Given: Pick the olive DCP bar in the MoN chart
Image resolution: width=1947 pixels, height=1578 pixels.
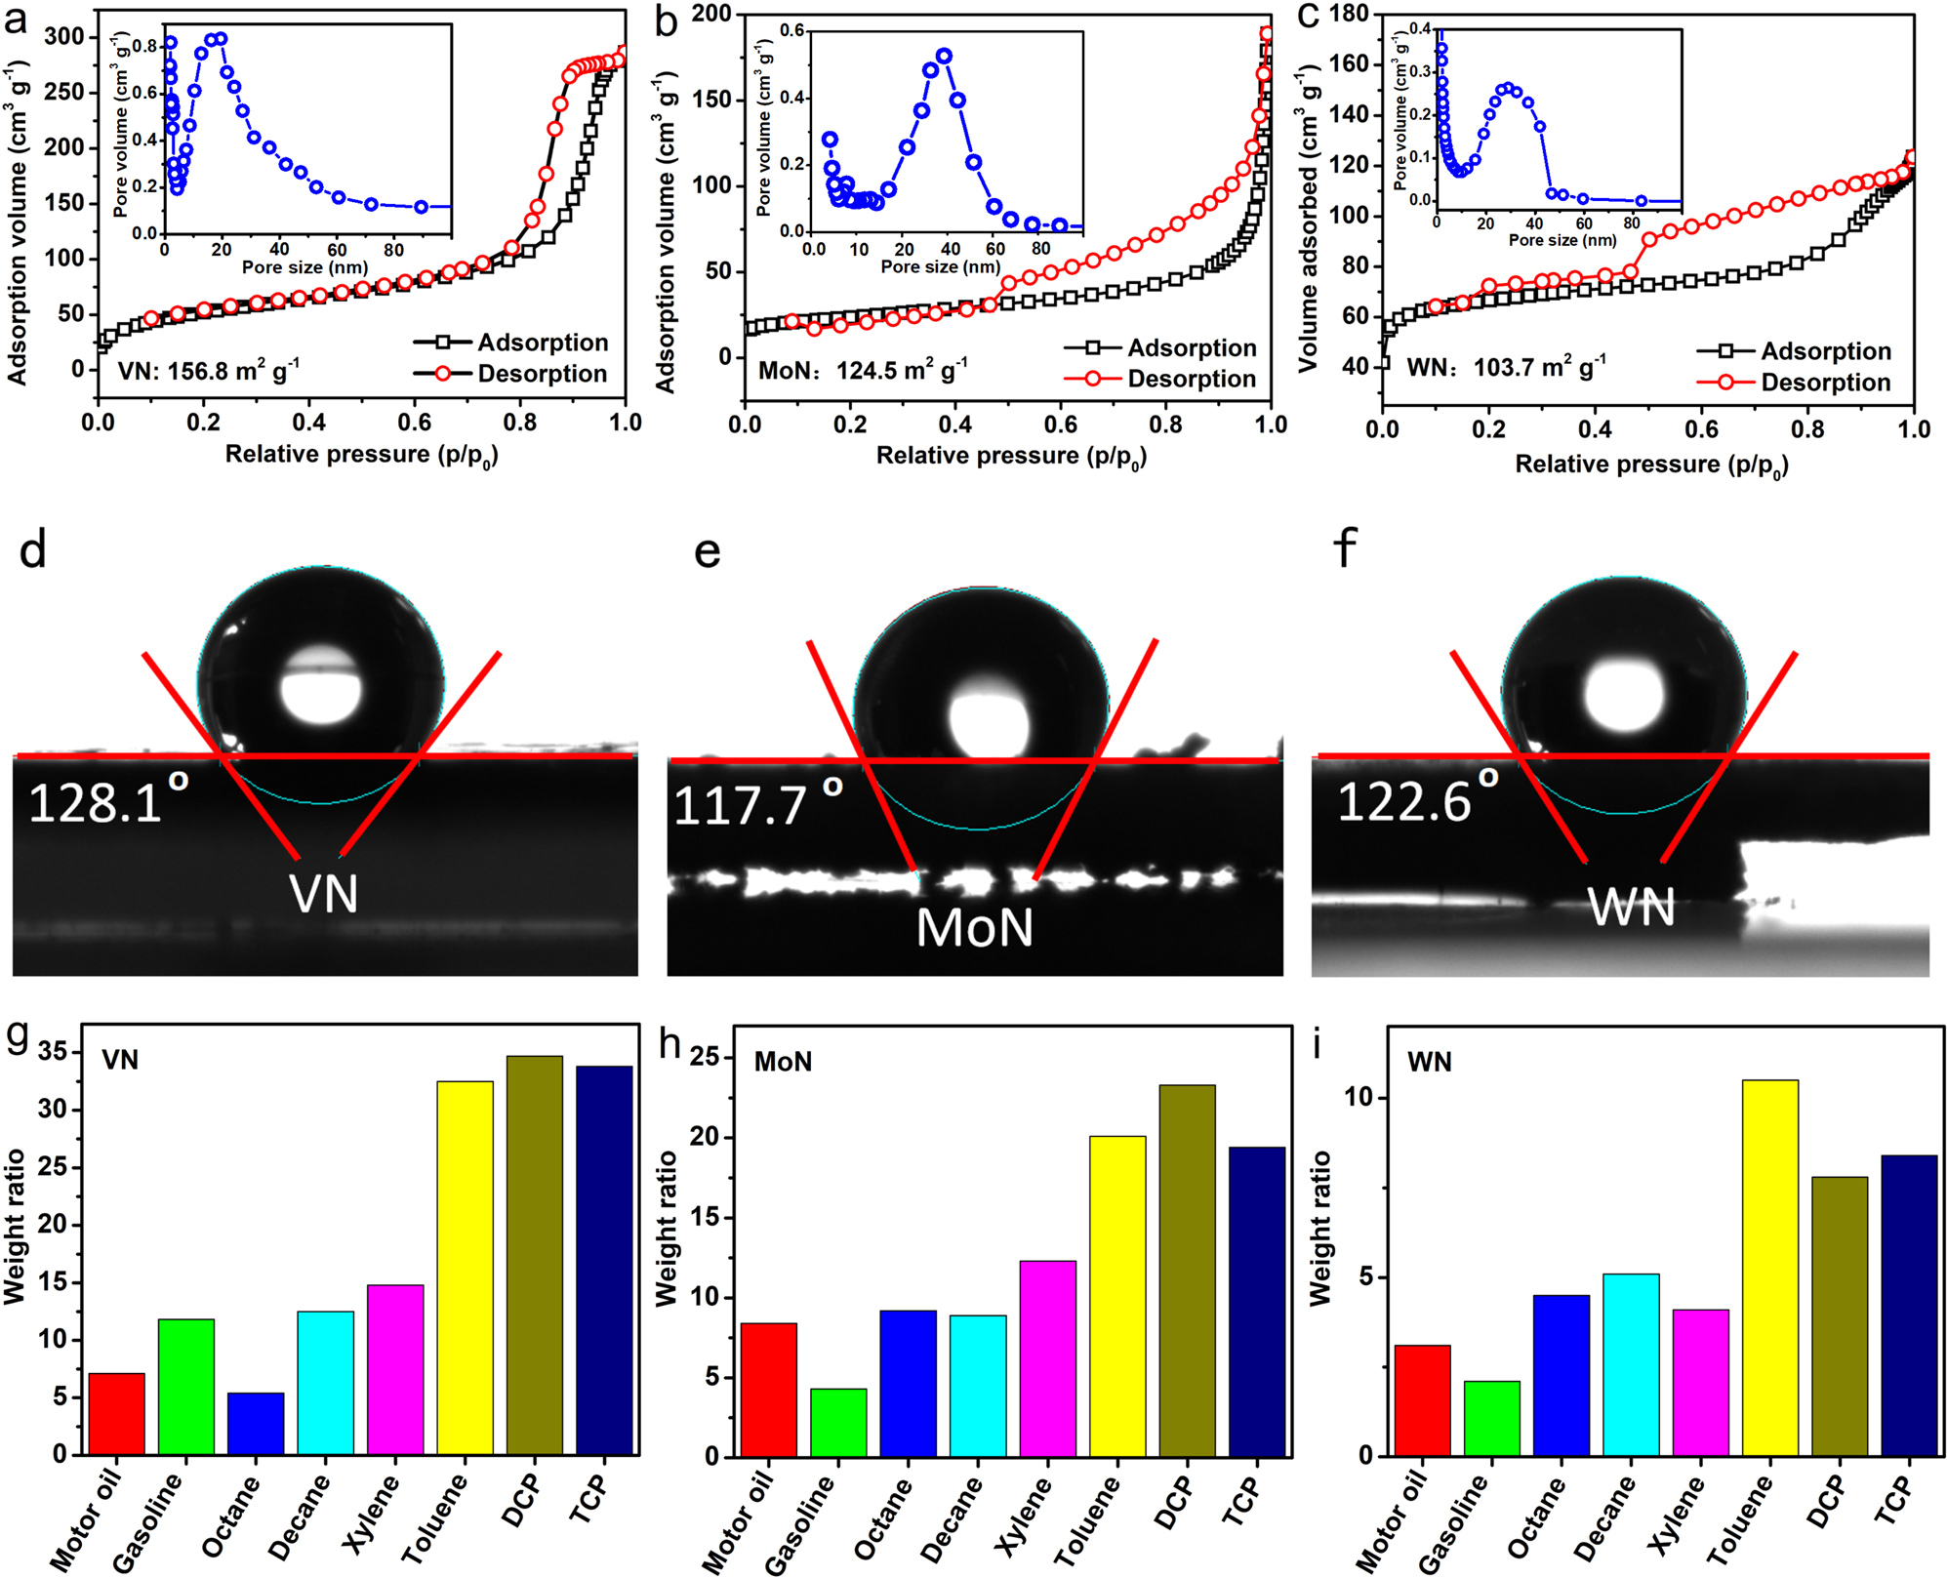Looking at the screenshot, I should click(x=1187, y=1269).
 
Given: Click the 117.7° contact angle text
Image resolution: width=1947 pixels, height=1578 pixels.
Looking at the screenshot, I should click(x=756, y=804).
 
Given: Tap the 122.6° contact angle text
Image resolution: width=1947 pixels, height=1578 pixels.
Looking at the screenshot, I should click(x=1415, y=800).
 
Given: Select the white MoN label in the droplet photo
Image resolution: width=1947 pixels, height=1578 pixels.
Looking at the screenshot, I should click(x=974, y=927).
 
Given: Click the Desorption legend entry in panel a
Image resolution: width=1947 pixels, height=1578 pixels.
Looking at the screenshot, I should click(x=542, y=374).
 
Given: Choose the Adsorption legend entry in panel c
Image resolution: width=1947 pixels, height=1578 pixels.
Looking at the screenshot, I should click(x=1825, y=351).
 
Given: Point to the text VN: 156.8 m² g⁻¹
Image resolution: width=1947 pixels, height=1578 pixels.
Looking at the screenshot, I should click(x=208, y=371).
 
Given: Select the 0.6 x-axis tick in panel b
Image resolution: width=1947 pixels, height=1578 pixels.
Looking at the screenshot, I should click(x=1060, y=425).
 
